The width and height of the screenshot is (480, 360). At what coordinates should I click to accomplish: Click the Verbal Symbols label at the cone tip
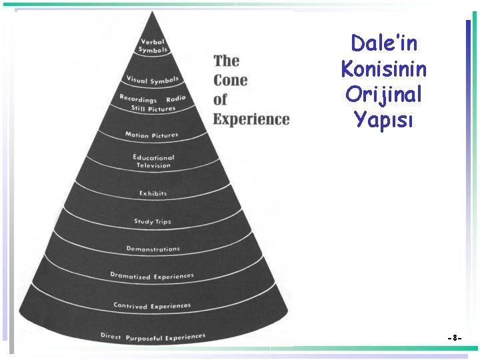pyautogui.click(x=152, y=46)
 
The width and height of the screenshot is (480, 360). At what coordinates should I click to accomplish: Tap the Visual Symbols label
pyautogui.click(x=153, y=81)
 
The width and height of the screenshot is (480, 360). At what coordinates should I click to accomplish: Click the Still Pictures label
pyautogui.click(x=153, y=109)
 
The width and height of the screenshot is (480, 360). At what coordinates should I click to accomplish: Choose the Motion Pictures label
pyautogui.click(x=152, y=135)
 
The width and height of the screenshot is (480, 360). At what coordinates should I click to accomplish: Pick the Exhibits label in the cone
pyautogui.click(x=153, y=193)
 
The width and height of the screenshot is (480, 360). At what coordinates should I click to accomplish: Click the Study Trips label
pyautogui.click(x=153, y=221)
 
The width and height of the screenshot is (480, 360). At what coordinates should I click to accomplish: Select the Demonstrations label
pyautogui.click(x=153, y=249)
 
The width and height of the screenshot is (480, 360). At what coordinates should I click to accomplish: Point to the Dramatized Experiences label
pyautogui.click(x=152, y=276)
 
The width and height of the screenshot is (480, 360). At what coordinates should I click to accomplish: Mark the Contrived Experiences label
pyautogui.click(x=152, y=306)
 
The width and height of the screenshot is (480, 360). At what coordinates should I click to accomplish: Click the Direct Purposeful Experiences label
pyautogui.click(x=153, y=336)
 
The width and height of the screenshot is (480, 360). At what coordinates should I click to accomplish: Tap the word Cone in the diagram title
pyautogui.click(x=230, y=80)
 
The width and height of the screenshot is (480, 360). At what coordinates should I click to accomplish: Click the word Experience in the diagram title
pyautogui.click(x=251, y=120)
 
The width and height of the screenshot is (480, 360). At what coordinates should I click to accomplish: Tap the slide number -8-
pyautogui.click(x=455, y=339)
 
